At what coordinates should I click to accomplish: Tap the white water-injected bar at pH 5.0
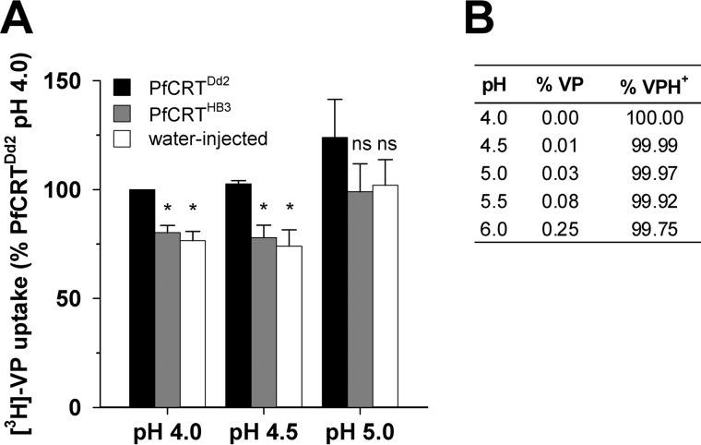pyautogui.click(x=385, y=295)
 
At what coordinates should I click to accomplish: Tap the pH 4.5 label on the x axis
pyautogui.click(x=264, y=430)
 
